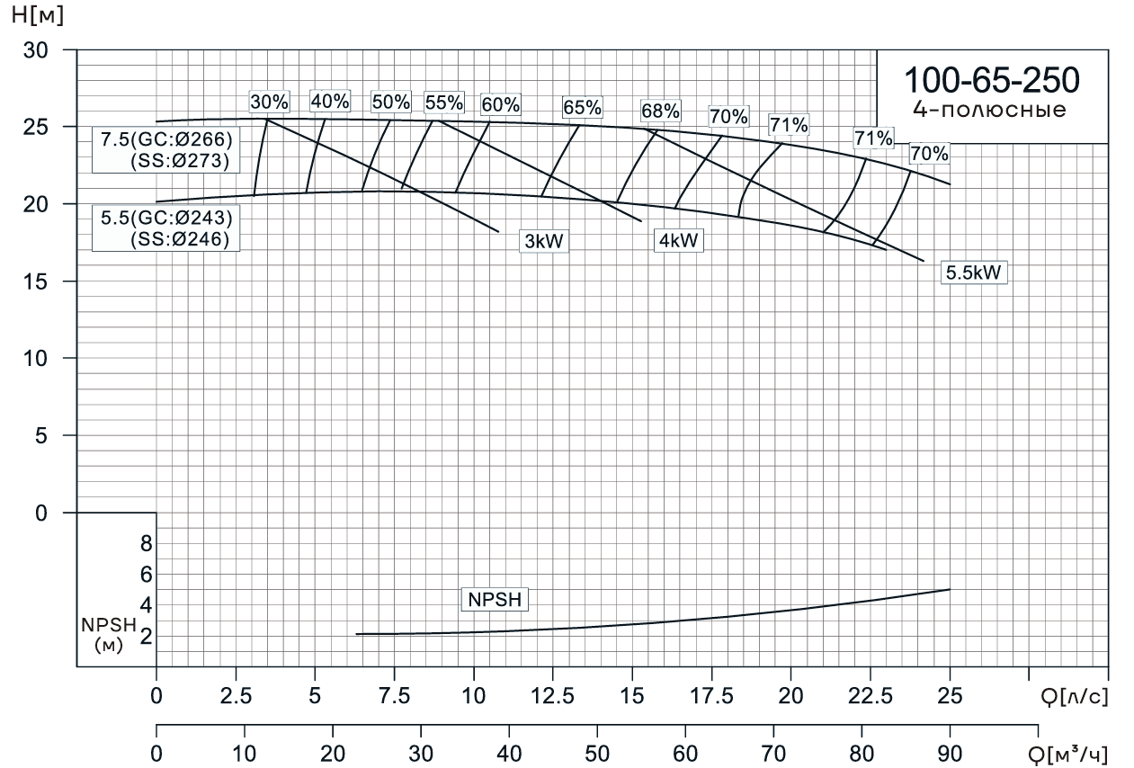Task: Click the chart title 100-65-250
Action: pos(991,80)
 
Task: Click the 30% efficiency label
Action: pos(269,102)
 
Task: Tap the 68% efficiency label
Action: pos(661,112)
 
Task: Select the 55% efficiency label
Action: pos(443,102)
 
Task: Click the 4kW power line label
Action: pos(678,241)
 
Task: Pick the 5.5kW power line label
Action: pos(974,272)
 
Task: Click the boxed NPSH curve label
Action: pos(495,600)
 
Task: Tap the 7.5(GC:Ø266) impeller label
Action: pos(167,140)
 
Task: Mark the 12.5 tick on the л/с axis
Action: pos(553,695)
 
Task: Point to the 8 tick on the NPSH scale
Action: pos(146,543)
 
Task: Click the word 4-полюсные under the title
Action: pos(990,111)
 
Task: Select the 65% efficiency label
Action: pos(582,107)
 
